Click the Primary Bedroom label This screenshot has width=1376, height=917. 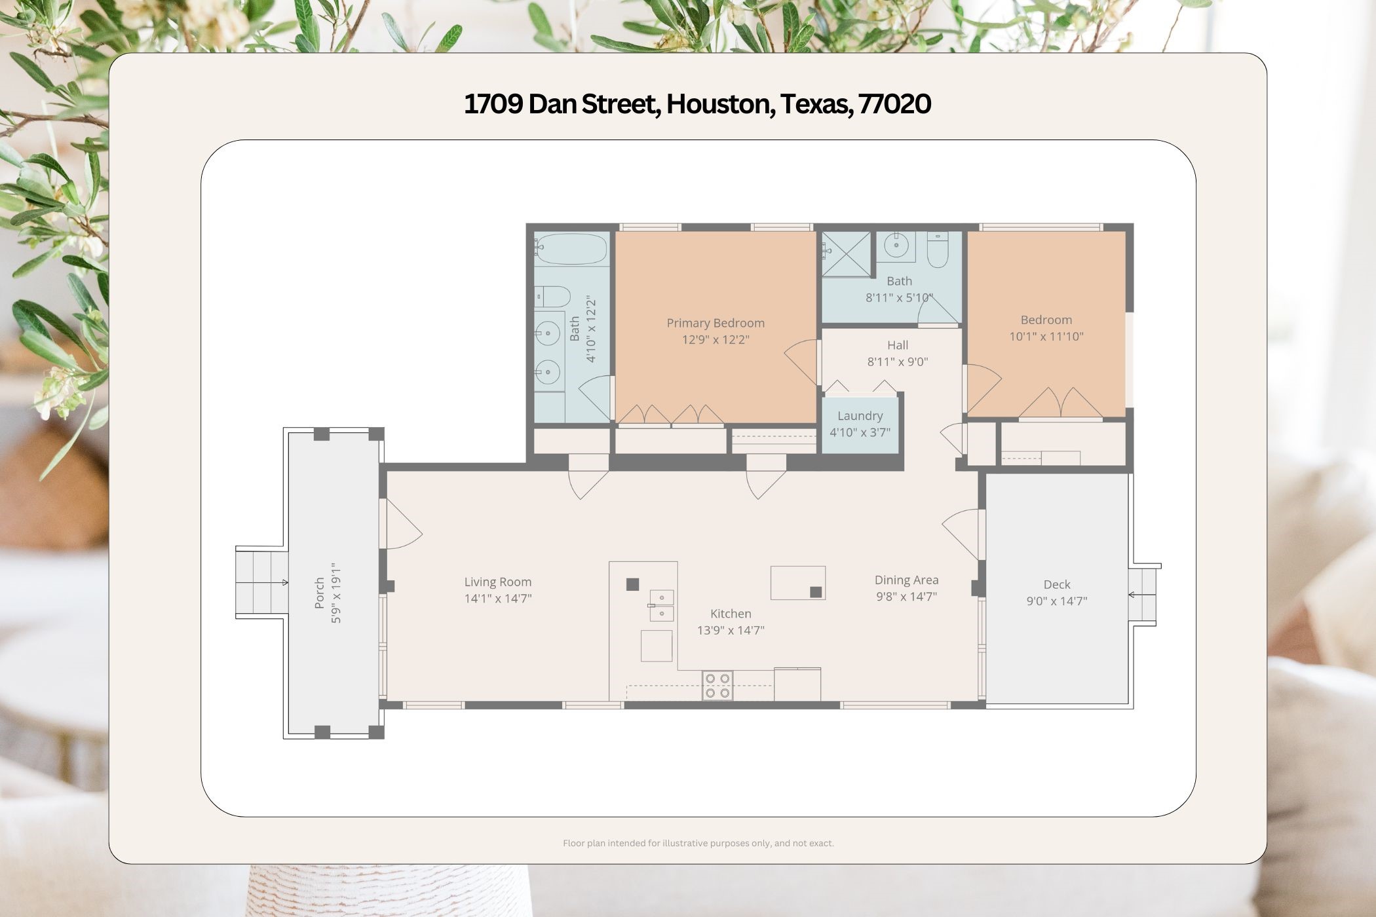pos(715,323)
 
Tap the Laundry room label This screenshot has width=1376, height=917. pos(860,416)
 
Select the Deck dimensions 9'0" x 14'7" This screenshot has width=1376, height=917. pos(1056,601)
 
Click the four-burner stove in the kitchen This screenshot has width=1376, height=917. pos(717,686)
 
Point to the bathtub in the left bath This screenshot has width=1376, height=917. pos(571,249)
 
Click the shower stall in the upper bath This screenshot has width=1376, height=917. pos(847,254)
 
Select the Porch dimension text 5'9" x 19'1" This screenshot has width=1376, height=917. pos(336,592)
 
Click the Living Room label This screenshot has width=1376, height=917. pos(497,582)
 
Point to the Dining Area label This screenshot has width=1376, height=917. pos(906,580)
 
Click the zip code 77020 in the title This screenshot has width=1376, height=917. pos(894,104)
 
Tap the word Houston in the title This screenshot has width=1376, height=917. pos(717,104)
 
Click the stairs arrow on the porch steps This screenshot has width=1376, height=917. pos(284,582)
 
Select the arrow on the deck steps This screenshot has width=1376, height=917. pos(1132,595)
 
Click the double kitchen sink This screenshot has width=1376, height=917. pos(661,605)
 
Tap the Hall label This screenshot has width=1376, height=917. pos(897,345)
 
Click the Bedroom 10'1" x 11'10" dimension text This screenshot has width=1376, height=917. pos(1046,337)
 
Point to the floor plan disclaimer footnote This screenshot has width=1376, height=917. pos(698,844)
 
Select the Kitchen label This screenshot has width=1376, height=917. pos(731,614)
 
